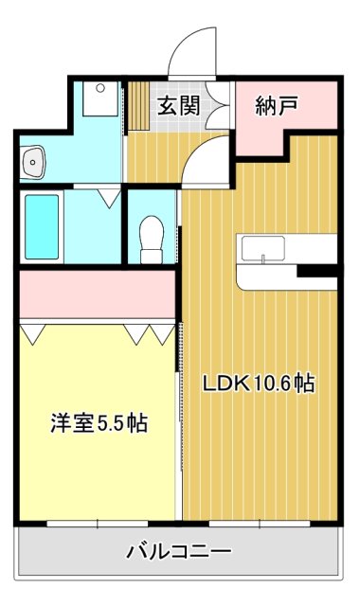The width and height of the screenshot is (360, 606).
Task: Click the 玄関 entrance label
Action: (177, 105)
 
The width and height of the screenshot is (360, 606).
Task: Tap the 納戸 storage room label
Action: (277, 105)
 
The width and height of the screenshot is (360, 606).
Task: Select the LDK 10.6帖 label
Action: (257, 383)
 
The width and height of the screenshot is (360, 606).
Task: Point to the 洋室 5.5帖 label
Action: (99, 423)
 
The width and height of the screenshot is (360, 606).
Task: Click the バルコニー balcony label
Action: (179, 550)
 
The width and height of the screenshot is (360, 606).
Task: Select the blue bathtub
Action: (42, 224)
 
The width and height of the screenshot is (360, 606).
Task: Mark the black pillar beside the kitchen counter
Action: (316, 271)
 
